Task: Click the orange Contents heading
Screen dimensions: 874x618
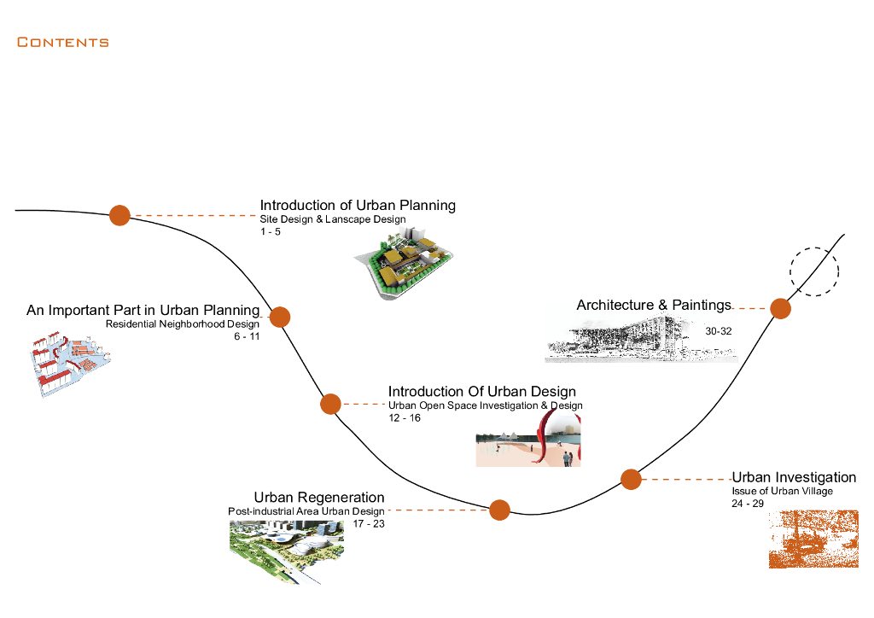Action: pyautogui.click(x=63, y=43)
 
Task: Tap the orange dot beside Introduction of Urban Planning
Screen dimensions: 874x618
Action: pyautogui.click(x=119, y=215)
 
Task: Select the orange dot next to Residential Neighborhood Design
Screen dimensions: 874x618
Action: pyautogui.click(x=280, y=317)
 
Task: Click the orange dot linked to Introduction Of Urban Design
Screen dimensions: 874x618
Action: pyautogui.click(x=330, y=404)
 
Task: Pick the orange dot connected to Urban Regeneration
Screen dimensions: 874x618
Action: pyautogui.click(x=499, y=510)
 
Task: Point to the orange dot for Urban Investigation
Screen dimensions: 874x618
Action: pyautogui.click(x=631, y=479)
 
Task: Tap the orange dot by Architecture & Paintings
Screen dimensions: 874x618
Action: pyautogui.click(x=780, y=308)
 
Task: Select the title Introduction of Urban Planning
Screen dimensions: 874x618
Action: pyautogui.click(x=358, y=205)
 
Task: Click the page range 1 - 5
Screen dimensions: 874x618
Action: pyautogui.click(x=271, y=232)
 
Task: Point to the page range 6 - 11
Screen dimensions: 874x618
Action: pyautogui.click(x=247, y=336)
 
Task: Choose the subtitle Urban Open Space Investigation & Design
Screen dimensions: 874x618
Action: pyautogui.click(x=486, y=405)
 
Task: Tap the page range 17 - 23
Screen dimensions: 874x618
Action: pyautogui.click(x=369, y=524)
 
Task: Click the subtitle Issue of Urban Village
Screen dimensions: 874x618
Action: pyautogui.click(x=783, y=491)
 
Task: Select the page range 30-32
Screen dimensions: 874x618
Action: pyautogui.click(x=719, y=331)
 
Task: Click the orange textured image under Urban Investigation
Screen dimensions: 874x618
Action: pyautogui.click(x=813, y=539)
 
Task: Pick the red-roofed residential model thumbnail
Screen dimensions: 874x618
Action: pyautogui.click(x=70, y=364)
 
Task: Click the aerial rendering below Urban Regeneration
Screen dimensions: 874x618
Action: pyautogui.click(x=287, y=551)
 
